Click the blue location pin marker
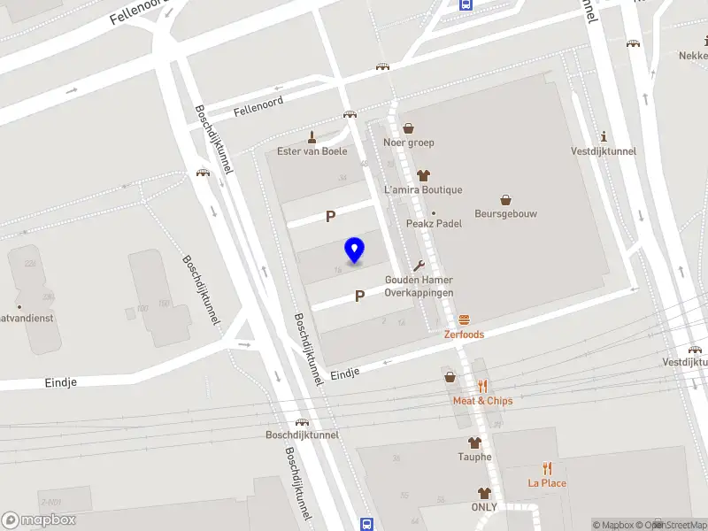(x=355, y=250)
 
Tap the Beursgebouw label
(x=506, y=213)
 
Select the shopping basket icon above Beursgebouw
(x=506, y=199)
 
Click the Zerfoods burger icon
(x=464, y=320)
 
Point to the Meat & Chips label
(x=482, y=401)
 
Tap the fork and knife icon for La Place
(x=547, y=468)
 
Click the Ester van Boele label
(x=312, y=150)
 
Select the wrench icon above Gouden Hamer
(x=419, y=265)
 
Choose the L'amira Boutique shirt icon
(x=422, y=175)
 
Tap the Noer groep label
(x=408, y=142)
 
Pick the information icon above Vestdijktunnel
(x=604, y=136)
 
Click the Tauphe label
(x=474, y=457)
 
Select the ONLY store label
(x=484, y=507)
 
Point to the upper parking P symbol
(x=331, y=216)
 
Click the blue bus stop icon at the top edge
(x=466, y=4)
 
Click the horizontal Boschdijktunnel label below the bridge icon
(x=302, y=435)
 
